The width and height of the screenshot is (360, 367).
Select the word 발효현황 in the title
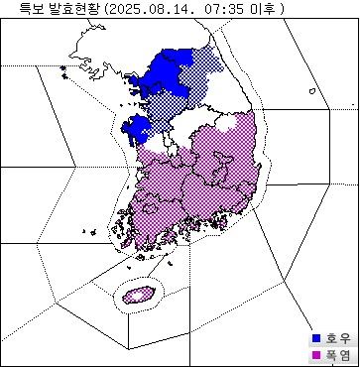72,8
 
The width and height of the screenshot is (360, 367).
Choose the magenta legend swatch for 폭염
316,355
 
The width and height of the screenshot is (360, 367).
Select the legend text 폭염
337,355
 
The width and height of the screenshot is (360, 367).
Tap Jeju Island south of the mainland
137,294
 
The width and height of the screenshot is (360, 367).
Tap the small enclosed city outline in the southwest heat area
149,209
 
